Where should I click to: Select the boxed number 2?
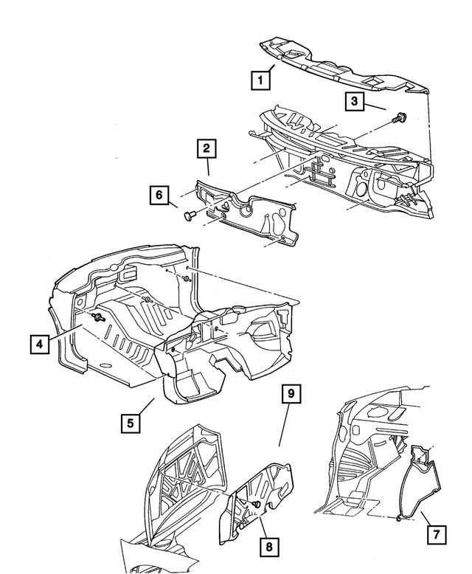click(x=206, y=150)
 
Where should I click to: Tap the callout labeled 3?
click(x=355, y=101)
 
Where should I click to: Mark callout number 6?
click(x=157, y=196)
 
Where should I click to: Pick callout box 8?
click(x=269, y=547)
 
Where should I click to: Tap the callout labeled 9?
click(x=291, y=395)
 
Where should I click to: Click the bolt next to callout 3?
click(x=400, y=117)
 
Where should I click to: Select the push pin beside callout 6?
click(x=188, y=215)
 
